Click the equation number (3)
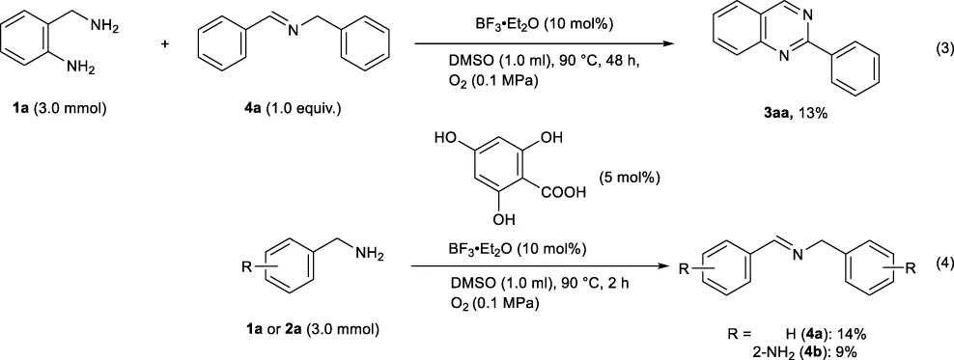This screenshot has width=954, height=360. (x=942, y=51)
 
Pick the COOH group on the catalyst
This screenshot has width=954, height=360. (x=563, y=194)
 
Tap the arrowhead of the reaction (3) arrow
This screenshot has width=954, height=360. (x=669, y=43)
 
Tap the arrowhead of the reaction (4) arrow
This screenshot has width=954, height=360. (x=668, y=266)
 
